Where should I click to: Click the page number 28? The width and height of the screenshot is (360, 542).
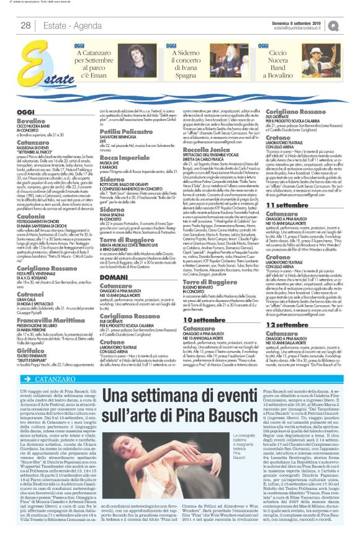[25, 24]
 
